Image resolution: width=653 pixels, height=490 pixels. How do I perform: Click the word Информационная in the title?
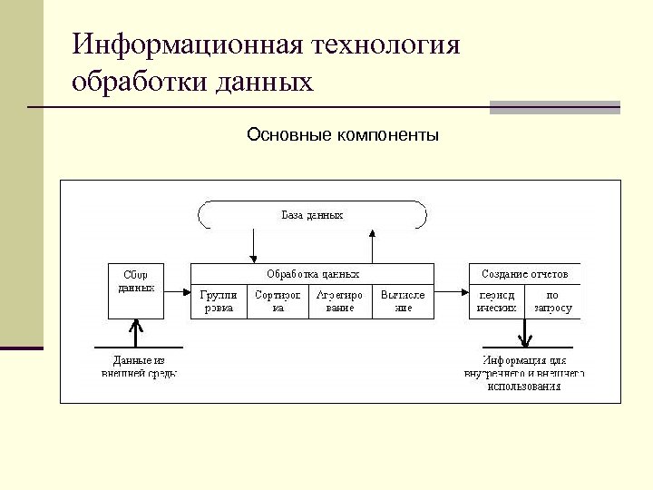point(187,45)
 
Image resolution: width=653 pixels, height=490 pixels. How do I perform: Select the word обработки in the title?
point(138,83)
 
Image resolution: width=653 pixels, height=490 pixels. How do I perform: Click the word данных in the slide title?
point(265,83)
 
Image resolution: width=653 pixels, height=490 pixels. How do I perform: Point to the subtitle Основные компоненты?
point(343,136)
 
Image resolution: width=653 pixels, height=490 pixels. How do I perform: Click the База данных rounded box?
point(312,215)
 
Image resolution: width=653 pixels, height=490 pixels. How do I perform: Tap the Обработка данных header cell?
point(312,273)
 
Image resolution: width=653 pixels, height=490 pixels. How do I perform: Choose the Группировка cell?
point(218,301)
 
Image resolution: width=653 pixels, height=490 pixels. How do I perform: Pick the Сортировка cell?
point(278,301)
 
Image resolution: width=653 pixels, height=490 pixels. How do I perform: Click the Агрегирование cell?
point(340,301)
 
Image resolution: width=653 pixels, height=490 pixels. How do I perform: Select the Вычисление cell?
point(403,301)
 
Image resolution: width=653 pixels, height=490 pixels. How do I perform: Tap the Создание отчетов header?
point(524,273)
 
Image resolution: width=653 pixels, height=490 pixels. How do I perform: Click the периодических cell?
point(496,301)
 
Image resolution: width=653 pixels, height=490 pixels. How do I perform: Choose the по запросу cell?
point(552,301)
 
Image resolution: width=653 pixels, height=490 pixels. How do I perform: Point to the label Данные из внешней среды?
point(138,367)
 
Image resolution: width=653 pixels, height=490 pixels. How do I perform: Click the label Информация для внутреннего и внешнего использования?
point(524,373)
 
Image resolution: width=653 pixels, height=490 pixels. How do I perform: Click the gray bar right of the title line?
point(554,107)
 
